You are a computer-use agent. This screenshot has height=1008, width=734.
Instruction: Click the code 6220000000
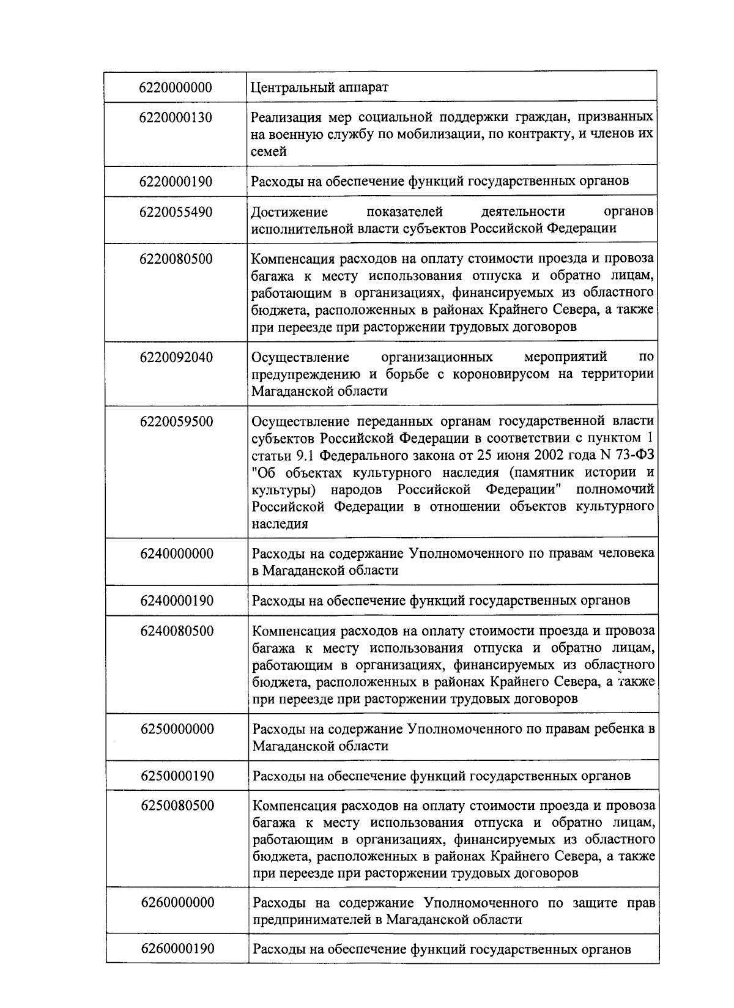point(176,87)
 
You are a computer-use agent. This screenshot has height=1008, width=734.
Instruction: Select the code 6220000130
point(176,117)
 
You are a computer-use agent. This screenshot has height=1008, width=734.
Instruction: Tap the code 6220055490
point(176,212)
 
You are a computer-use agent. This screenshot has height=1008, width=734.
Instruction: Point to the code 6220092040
point(176,357)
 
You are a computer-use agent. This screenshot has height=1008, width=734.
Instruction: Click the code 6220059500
point(176,421)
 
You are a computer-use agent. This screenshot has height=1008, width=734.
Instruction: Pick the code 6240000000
point(177,554)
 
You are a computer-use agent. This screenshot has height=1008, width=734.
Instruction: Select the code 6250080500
point(177,806)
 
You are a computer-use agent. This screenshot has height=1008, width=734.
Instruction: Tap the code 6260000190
point(177,949)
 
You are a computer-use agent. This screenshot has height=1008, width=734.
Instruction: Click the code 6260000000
point(177,903)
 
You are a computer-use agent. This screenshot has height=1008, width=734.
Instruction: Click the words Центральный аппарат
point(320,87)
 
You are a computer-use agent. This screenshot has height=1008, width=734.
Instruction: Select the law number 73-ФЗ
point(631,456)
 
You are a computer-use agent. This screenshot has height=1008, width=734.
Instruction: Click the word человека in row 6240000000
point(625,554)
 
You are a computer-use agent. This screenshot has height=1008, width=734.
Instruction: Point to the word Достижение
point(289,212)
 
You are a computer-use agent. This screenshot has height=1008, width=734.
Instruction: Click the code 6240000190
point(177,601)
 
